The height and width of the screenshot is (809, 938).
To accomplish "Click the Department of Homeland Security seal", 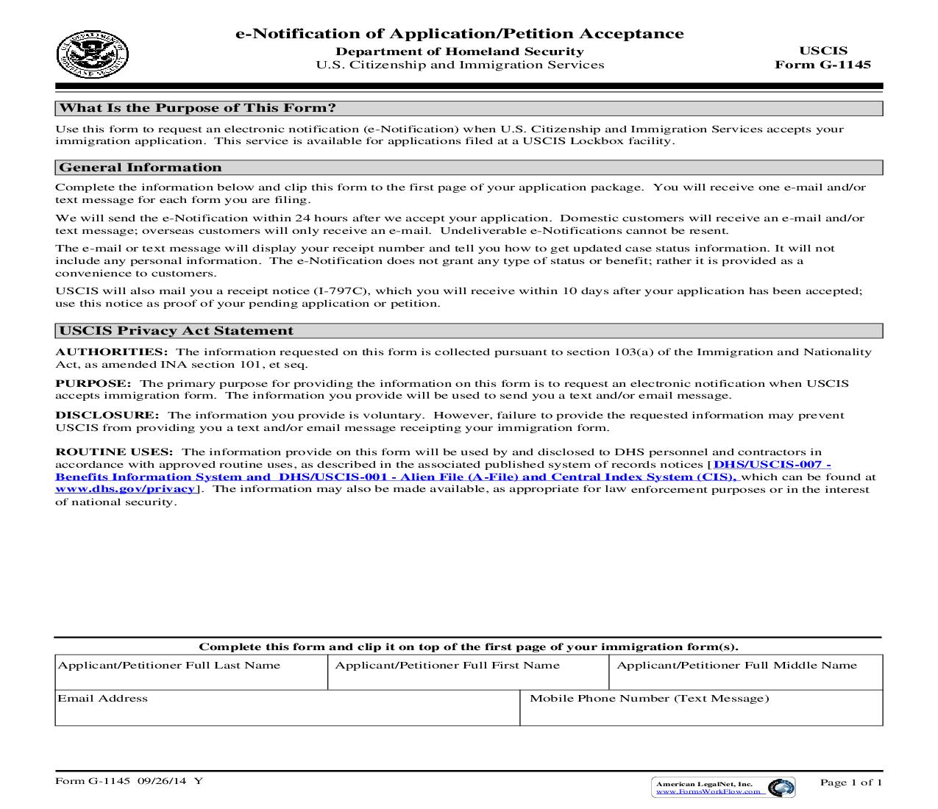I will (92, 55).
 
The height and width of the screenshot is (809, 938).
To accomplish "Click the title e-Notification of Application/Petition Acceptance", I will (459, 34).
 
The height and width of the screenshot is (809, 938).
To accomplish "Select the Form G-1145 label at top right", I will (822, 65).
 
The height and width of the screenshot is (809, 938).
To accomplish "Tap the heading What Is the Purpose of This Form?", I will (197, 108).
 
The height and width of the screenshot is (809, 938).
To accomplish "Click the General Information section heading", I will (140, 168).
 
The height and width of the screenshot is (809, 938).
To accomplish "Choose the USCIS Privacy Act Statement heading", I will (176, 331).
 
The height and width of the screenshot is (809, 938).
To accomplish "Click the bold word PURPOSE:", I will (93, 384).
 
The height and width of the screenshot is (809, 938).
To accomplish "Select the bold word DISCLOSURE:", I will (107, 416).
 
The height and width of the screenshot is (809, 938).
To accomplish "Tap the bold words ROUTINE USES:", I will (115, 452).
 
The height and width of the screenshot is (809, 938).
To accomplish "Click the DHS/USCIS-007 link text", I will (772, 465).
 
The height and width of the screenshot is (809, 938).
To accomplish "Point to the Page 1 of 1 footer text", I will (850, 783).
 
